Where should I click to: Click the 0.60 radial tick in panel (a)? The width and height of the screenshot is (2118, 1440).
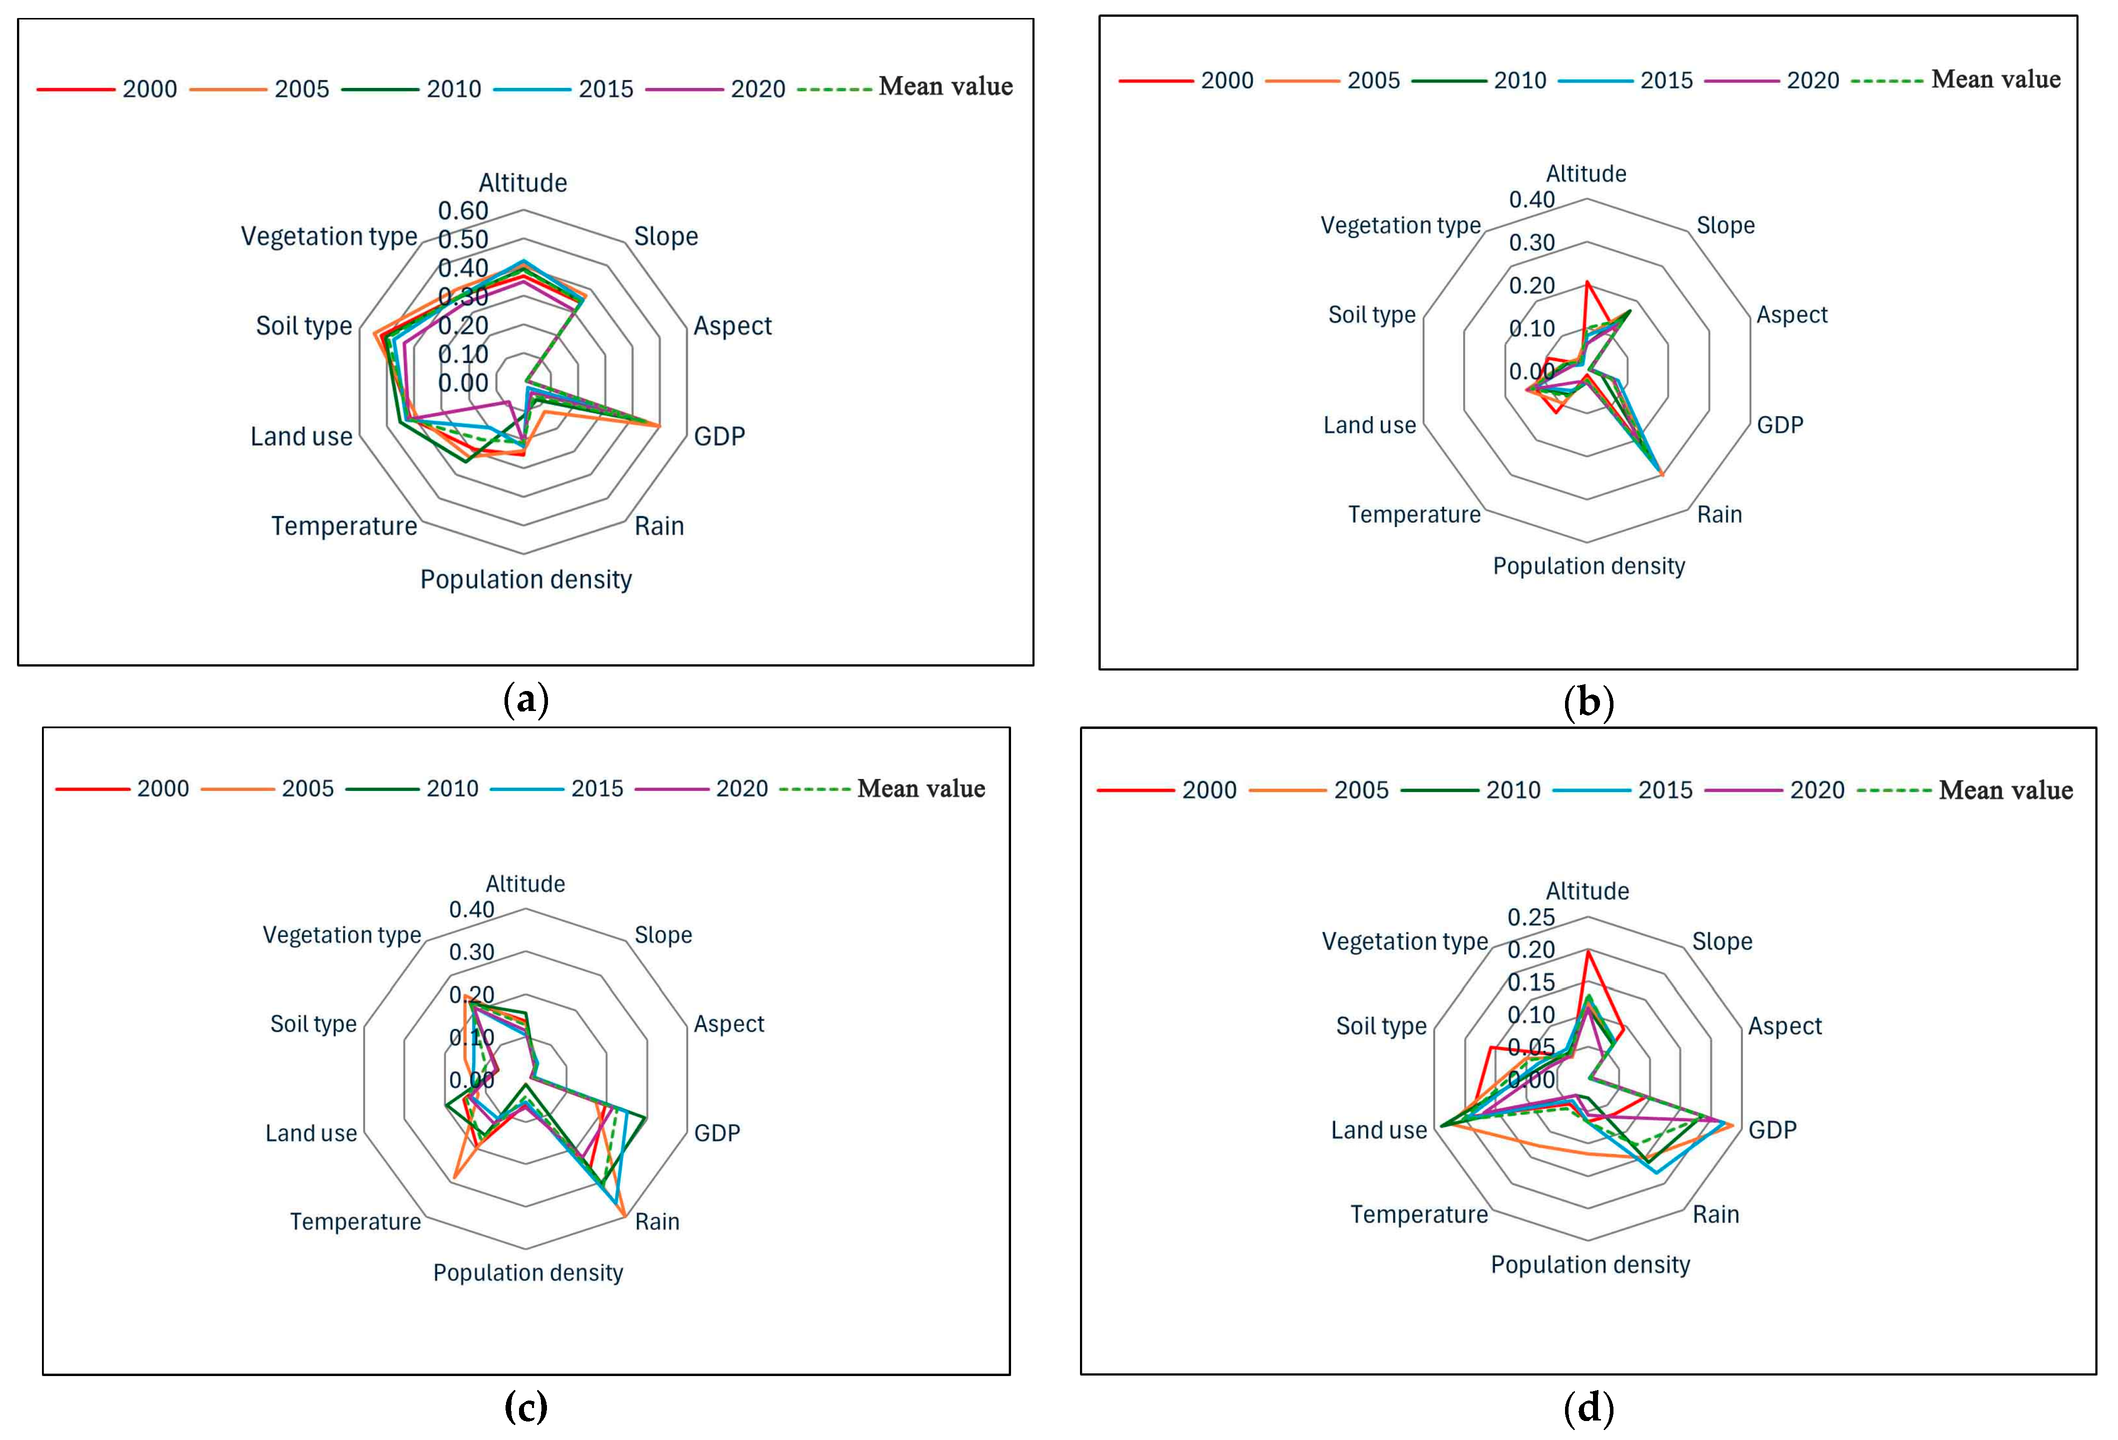tap(463, 210)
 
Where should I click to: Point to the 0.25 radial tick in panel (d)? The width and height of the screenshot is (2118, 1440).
tap(1531, 917)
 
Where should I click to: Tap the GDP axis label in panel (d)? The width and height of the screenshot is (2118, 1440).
tap(1772, 1130)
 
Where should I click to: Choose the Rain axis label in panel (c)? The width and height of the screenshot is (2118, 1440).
tap(657, 1221)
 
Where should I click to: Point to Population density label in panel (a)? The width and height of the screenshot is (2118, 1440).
tap(526, 580)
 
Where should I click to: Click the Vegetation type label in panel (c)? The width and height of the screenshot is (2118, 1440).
tap(342, 935)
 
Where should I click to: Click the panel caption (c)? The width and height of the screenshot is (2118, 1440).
tap(526, 1407)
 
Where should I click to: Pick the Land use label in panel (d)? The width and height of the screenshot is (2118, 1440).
tap(1379, 1130)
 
